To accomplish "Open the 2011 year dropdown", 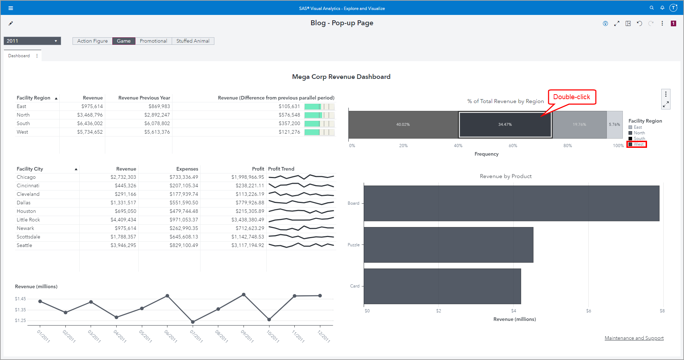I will point(32,41).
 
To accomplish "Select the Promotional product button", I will point(153,41).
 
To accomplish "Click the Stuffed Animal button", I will point(193,41).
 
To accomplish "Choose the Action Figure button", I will point(92,41).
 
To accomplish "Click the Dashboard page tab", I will point(19,56).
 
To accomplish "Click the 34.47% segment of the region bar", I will point(505,124).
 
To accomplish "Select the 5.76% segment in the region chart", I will point(614,124).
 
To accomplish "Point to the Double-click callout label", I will point(571,97).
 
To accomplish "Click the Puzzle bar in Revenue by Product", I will point(448,245).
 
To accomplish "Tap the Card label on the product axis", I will point(354,286).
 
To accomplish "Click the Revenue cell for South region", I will point(90,123).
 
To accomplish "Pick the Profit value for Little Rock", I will point(247,220).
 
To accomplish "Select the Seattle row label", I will point(24,245).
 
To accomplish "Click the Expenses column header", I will point(187,169).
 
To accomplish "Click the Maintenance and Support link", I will point(634,338).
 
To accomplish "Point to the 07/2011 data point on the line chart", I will point(193,322).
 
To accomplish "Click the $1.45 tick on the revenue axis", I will point(20,299).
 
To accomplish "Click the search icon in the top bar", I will point(652,8).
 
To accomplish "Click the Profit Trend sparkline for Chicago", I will point(301,177).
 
